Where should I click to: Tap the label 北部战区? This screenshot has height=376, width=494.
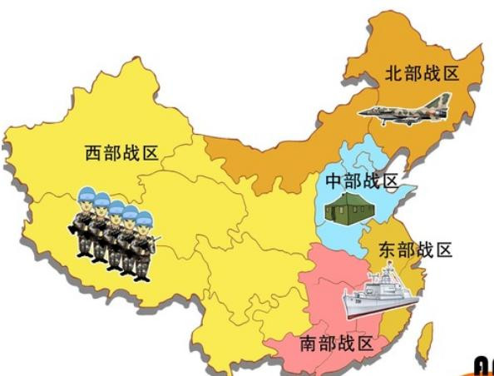click(x=422, y=73)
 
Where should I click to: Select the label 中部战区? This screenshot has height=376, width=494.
click(x=362, y=181)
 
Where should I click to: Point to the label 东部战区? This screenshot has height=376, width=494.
click(x=415, y=250)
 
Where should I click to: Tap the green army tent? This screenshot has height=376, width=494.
click(x=348, y=210)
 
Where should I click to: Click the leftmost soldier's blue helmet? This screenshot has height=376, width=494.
click(x=85, y=198)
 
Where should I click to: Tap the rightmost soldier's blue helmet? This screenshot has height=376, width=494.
click(x=144, y=220)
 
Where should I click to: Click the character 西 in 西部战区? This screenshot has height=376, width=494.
click(x=94, y=153)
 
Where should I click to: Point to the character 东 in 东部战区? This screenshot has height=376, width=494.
click(x=388, y=250)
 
